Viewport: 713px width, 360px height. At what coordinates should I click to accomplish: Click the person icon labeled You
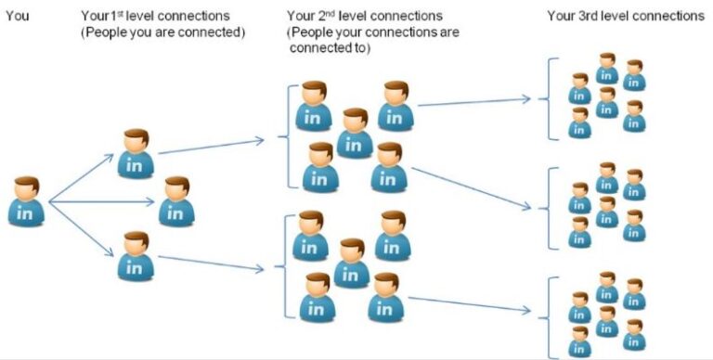click(x=26, y=199)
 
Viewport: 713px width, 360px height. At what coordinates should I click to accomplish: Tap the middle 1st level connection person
click(x=176, y=200)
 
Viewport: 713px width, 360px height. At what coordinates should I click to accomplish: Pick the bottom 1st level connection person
click(x=136, y=254)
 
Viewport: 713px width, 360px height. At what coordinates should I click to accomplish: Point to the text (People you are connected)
click(x=163, y=32)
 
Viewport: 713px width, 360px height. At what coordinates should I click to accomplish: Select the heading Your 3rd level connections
click(x=625, y=16)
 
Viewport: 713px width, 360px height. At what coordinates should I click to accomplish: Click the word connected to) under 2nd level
click(x=330, y=47)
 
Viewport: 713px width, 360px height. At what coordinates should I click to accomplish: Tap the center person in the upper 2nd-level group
click(x=355, y=133)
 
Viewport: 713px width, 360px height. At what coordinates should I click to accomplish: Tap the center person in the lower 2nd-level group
click(x=351, y=263)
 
